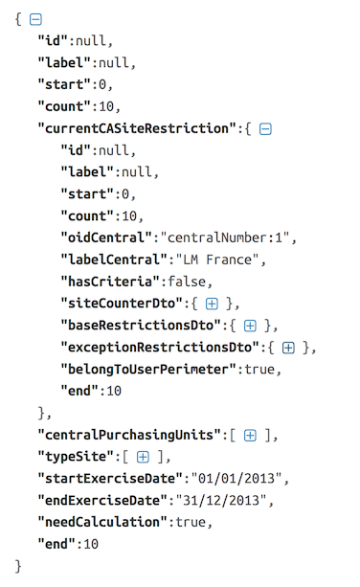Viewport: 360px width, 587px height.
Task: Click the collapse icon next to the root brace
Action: [x=35, y=19]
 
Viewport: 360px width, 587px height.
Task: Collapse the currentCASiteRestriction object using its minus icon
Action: [x=265, y=128]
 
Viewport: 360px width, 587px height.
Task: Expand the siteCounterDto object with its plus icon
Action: [x=212, y=304]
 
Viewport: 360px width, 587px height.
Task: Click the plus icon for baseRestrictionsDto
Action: [x=250, y=326]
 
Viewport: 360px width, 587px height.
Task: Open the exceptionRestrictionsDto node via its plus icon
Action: [x=288, y=348]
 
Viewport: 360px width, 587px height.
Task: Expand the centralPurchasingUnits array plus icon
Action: [x=250, y=436]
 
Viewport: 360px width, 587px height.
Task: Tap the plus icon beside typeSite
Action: [x=143, y=457]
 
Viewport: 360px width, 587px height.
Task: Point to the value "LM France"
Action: [x=217, y=260]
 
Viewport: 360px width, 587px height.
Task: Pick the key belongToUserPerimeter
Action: [x=149, y=370]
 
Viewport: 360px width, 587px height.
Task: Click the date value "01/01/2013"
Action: [x=236, y=479]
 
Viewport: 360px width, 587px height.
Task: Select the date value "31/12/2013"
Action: [x=221, y=501]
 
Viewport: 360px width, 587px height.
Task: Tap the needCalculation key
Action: [x=102, y=522]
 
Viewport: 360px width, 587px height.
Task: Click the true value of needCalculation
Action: [x=191, y=522]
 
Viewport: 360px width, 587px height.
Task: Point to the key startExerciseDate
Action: [x=111, y=479]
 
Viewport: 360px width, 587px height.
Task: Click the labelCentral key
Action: [x=114, y=260]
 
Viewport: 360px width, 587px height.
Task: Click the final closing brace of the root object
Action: [x=18, y=566]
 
